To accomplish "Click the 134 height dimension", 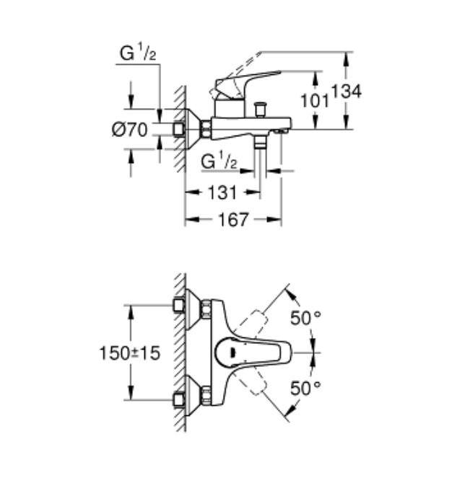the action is point(346,92).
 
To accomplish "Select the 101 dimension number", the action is point(315,101).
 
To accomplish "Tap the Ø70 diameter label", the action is point(130,130).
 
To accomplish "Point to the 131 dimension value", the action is point(222,192).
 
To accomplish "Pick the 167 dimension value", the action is point(233,219).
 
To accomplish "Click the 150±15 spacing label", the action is point(130,353).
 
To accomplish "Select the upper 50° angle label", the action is point(305,318).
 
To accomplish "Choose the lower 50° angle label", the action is point(305,388).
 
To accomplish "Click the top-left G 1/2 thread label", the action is point(138,53).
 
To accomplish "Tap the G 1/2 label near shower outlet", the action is point(219,161).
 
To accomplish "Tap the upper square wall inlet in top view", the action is point(179,305).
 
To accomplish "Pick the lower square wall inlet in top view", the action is point(179,400).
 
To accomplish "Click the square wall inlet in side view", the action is point(179,129).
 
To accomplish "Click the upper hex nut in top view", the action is point(206,308).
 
